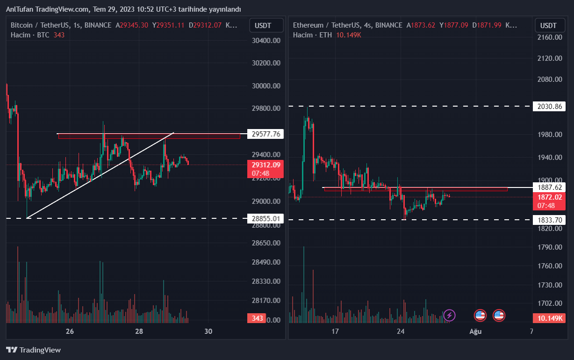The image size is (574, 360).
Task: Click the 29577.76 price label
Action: pyautogui.click(x=265, y=134)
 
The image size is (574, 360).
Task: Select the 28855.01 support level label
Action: pyautogui.click(x=265, y=218)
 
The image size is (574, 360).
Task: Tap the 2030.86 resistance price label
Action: pyautogui.click(x=549, y=107)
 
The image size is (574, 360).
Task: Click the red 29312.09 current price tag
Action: pyautogui.click(x=265, y=165)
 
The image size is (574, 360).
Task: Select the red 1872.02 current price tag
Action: pyautogui.click(x=549, y=197)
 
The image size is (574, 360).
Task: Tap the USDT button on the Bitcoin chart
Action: pyautogui.click(x=266, y=25)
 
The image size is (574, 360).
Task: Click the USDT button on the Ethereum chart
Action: pyautogui.click(x=549, y=25)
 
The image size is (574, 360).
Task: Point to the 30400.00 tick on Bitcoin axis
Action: pyautogui.click(x=265, y=41)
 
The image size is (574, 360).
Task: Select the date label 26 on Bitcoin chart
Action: pyautogui.click(x=70, y=331)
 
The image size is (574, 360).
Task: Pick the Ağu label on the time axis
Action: pyautogui.click(x=475, y=331)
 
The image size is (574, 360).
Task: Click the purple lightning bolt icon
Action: pyautogui.click(x=449, y=315)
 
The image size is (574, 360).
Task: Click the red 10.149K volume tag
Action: pyautogui.click(x=549, y=318)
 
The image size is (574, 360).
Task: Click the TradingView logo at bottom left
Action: pyautogui.click(x=34, y=350)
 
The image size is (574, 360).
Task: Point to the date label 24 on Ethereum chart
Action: pyautogui.click(x=401, y=331)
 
